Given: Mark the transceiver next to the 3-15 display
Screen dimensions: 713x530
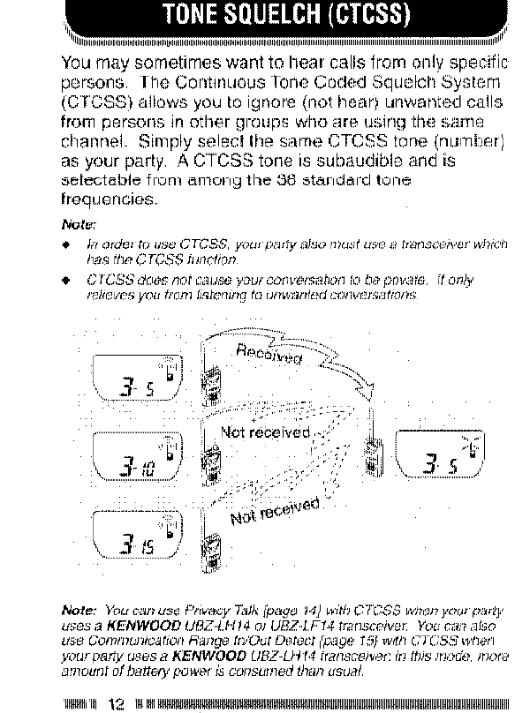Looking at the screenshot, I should point(211,539).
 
